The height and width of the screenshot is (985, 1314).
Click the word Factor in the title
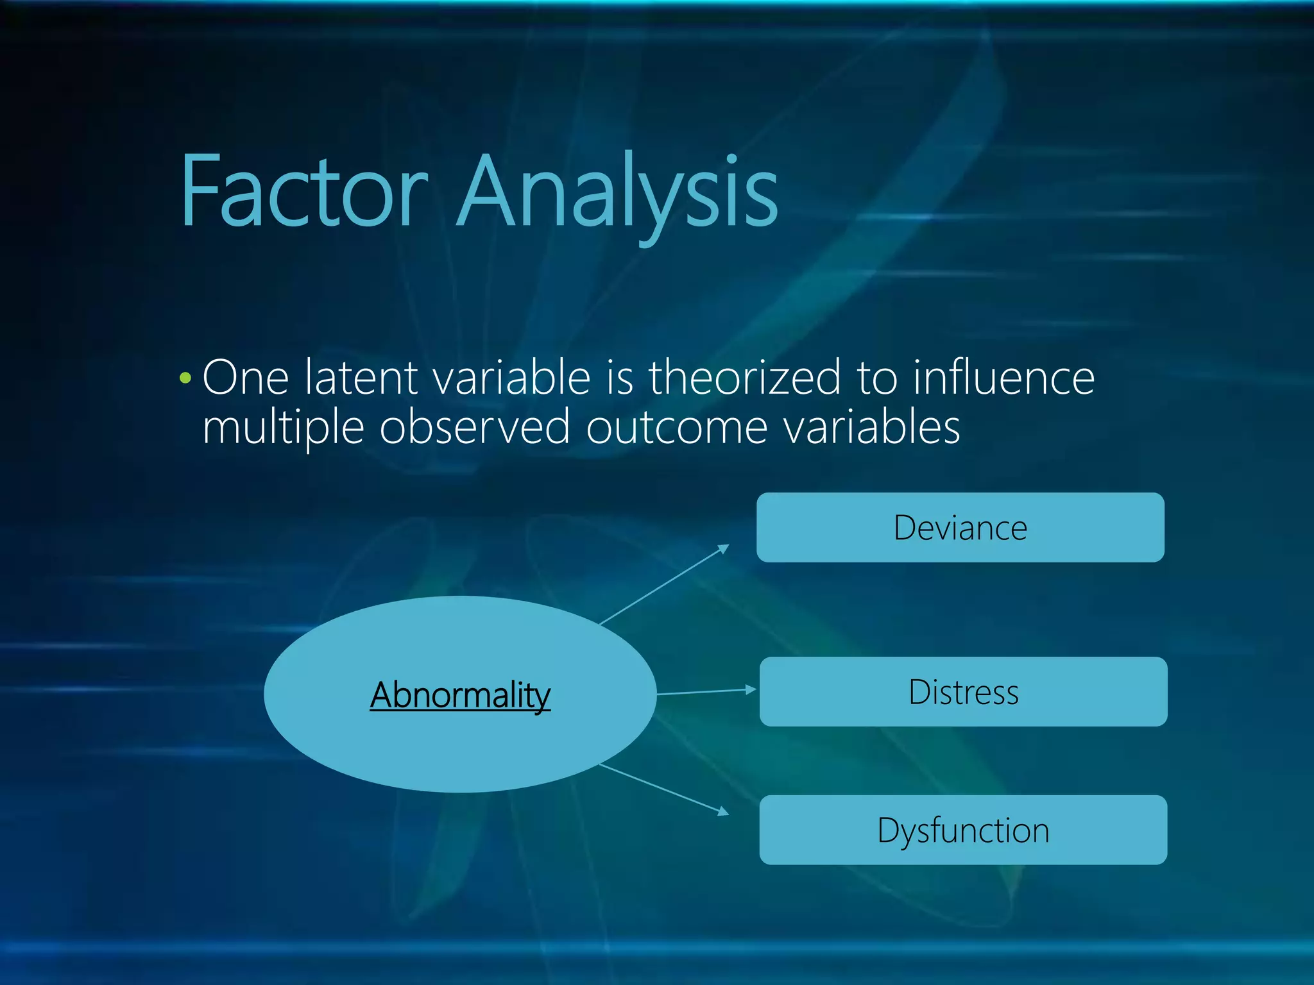303,192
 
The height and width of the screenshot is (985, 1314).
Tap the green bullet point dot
185,378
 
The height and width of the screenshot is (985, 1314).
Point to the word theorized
744,378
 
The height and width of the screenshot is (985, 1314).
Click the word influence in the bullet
1003,378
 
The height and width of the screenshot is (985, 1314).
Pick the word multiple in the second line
283,428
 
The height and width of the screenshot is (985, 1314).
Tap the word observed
474,428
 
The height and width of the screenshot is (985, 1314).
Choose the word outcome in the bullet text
676,428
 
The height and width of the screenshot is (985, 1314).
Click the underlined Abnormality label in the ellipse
460,695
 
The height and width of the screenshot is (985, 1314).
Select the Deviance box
960,528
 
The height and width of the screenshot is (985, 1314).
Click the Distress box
963,692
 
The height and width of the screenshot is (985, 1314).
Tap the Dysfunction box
963,830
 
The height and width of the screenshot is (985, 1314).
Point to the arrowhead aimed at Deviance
724,548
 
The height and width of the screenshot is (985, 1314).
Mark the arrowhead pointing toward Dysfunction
724,812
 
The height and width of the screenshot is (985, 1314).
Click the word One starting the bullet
246,378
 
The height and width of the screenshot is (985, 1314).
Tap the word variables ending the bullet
873,428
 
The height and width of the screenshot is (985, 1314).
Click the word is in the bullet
620,378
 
